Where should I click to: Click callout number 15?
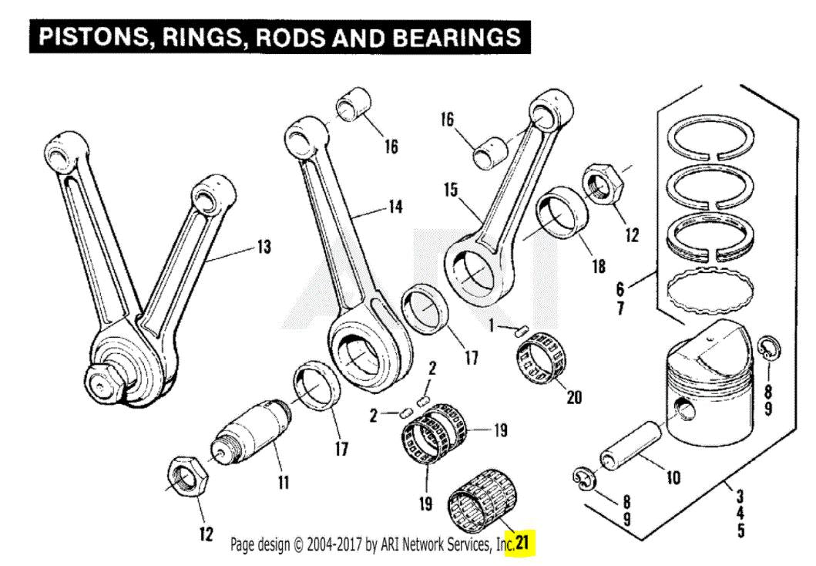coord(450,189)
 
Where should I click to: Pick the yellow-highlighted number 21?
coord(523,544)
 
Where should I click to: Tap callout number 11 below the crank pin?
coord(283,483)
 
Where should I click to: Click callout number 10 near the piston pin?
coord(673,478)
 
